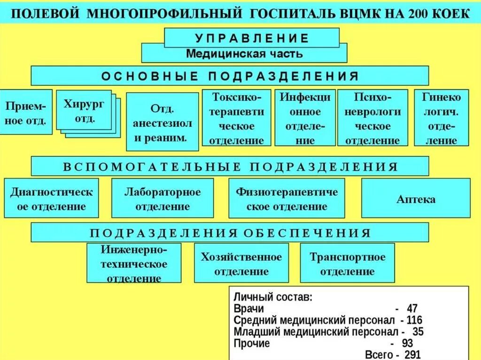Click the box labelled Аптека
point(416,199)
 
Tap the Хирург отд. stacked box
point(84,111)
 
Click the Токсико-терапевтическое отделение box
point(236,118)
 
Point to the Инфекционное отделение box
point(305,118)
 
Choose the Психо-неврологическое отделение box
point(371,118)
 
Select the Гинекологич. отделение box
point(441,118)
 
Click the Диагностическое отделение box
point(52,199)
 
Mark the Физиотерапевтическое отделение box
point(287,199)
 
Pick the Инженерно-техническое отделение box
point(134,263)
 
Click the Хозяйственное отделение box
point(241,263)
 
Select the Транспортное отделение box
point(347,263)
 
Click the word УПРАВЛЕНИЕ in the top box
point(252,38)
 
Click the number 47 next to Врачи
point(412,309)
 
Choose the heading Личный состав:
point(272,298)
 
